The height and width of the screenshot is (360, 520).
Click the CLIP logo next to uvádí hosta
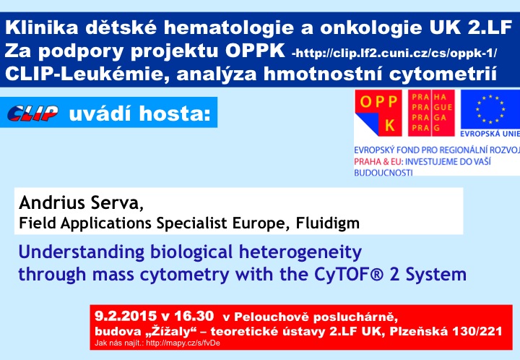click(32, 113)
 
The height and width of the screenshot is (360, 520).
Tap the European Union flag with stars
click(490, 109)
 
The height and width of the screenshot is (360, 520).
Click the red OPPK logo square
click(378, 113)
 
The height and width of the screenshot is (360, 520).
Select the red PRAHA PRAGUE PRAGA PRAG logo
click(431, 113)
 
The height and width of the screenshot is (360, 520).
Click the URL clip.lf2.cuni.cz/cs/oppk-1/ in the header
click(396, 53)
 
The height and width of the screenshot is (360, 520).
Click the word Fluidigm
click(328, 223)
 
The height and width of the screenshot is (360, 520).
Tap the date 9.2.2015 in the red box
click(126, 315)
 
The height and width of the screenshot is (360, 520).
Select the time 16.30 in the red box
click(194, 315)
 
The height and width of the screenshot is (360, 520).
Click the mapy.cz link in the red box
click(183, 343)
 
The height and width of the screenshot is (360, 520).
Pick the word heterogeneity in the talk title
click(300, 252)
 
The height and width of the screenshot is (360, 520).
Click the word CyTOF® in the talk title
click(349, 275)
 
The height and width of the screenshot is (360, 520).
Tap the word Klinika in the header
click(42, 27)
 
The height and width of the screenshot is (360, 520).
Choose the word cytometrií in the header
click(443, 74)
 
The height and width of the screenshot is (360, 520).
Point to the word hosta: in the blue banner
click(175, 113)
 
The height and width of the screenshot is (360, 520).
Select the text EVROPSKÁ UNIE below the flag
click(490, 134)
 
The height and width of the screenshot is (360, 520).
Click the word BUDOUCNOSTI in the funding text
click(383, 173)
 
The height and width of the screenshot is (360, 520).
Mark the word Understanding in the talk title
click(81, 252)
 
